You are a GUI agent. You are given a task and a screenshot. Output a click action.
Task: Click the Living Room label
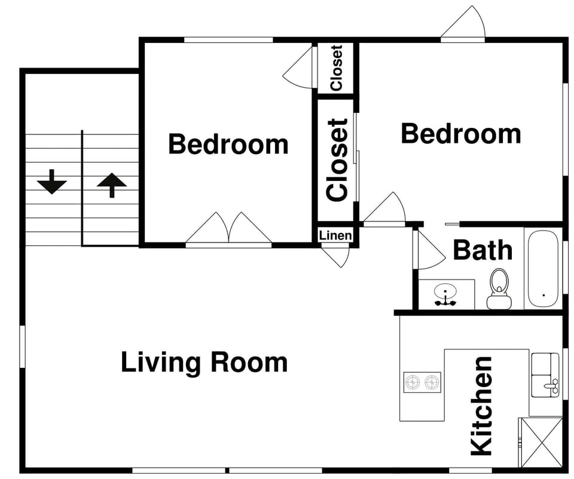(204, 363)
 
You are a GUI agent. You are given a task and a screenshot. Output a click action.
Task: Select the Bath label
(482, 250)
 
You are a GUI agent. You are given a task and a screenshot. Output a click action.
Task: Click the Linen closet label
(335, 235)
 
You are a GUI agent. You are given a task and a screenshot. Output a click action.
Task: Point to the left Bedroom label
(228, 145)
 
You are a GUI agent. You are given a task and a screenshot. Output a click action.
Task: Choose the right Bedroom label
(460, 134)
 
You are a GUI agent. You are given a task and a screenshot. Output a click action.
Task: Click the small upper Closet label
(336, 67)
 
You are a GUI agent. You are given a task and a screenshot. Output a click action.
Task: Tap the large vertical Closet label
(337, 160)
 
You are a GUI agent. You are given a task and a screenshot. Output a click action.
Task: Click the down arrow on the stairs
(52, 182)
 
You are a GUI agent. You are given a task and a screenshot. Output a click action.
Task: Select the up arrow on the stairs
(111, 185)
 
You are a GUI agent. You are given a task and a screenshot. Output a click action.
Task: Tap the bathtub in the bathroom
(543, 268)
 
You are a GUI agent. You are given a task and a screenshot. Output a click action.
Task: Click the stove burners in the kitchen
(422, 382)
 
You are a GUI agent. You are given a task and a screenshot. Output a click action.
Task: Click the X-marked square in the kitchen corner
(540, 441)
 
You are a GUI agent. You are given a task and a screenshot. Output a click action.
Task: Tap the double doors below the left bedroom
(228, 230)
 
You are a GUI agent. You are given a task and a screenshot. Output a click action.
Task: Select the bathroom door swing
(429, 251)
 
